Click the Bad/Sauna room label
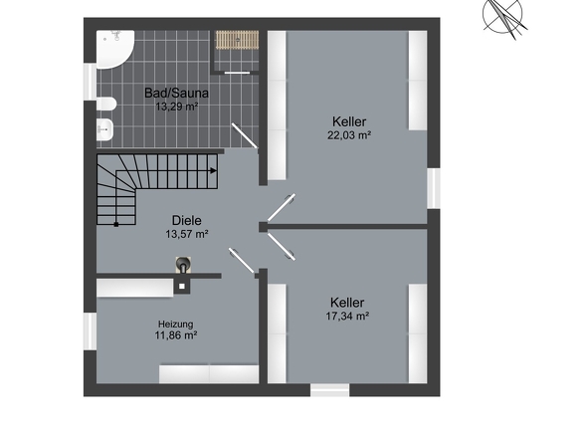176,93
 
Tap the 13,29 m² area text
176,107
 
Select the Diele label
186,220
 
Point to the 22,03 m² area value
349,135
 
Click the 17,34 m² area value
347,317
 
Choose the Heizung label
175,325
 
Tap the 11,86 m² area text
176,335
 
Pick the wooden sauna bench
237,40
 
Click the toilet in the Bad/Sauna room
105,105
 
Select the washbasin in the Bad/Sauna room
104,129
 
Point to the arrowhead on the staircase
213,171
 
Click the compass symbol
503,17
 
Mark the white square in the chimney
182,287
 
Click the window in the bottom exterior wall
329,389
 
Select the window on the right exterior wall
434,188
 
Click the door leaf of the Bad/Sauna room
245,135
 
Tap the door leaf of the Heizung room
242,261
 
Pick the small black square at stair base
116,224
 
